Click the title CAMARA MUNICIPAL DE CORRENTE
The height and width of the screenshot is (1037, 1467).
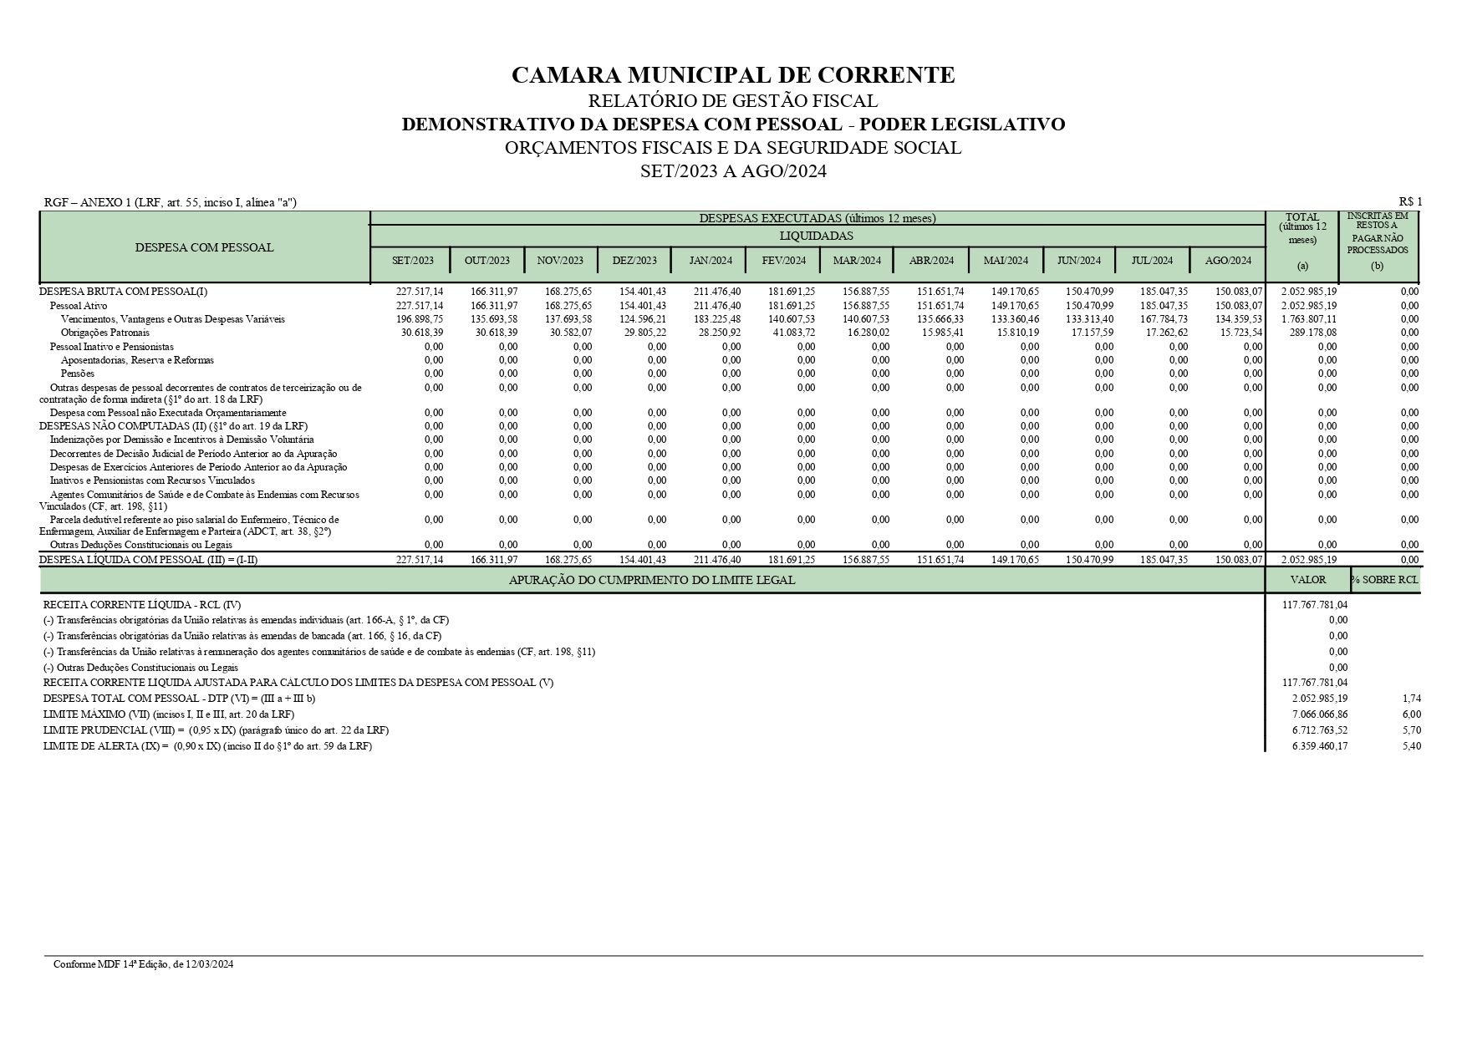(x=732, y=75)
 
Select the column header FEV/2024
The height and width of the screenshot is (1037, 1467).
(x=783, y=260)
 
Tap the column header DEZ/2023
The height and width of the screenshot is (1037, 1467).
(x=634, y=260)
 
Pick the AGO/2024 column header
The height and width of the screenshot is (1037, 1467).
(x=1228, y=260)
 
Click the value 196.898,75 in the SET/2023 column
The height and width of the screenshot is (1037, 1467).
(x=420, y=319)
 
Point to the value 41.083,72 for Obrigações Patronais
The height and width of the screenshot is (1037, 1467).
(x=792, y=333)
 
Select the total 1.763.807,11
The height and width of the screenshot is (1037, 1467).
(x=1308, y=319)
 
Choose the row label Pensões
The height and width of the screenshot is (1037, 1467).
(x=78, y=374)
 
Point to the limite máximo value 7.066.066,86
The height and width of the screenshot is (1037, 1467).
(x=1319, y=714)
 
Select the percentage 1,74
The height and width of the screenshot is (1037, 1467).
(x=1411, y=699)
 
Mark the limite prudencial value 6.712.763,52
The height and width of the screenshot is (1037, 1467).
(x=1319, y=730)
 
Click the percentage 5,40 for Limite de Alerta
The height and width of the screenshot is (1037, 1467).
(x=1411, y=746)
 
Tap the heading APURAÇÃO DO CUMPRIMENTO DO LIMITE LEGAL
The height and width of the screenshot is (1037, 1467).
(x=652, y=580)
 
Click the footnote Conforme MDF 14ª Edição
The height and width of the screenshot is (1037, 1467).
(x=143, y=964)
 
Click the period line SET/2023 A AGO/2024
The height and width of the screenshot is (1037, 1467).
(x=732, y=171)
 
